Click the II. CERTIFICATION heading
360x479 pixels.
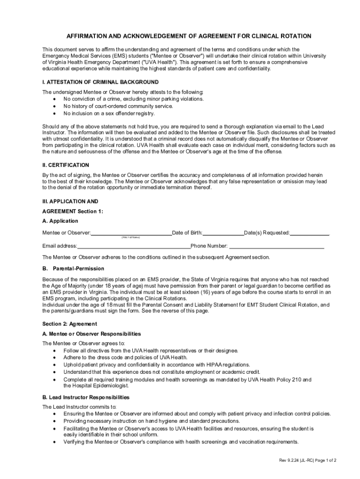(65, 165)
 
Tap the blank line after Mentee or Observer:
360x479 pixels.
(131, 232)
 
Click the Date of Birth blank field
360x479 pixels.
(223, 232)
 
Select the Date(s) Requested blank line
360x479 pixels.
(310, 232)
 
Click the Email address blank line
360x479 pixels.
(134, 246)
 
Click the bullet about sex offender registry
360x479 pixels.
(109, 113)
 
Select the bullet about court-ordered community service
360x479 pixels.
(118, 106)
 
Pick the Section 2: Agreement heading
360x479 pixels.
(70, 324)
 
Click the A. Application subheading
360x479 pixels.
(60, 221)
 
